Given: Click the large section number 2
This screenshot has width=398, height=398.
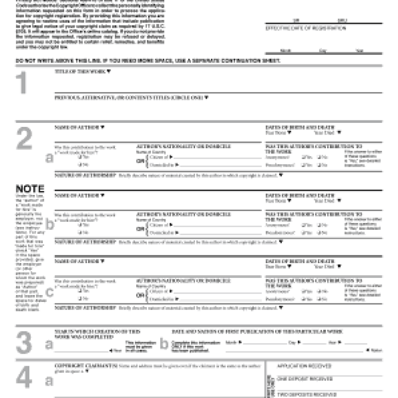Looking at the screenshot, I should click(24, 140).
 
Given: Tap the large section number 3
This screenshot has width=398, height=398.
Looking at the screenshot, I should click(24, 343).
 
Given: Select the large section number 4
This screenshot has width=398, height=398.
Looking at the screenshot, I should click(24, 379).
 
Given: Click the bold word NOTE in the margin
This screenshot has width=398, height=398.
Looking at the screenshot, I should click(30, 189).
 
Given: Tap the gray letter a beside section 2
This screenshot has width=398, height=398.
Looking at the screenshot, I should click(49, 158).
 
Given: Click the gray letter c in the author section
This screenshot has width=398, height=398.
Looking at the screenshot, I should click(49, 293).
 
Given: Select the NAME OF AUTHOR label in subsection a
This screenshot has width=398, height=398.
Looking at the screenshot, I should click(78, 127).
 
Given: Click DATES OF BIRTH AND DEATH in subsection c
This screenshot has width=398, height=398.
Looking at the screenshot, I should click(299, 261).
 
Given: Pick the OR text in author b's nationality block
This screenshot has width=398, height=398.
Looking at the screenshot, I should click(141, 229).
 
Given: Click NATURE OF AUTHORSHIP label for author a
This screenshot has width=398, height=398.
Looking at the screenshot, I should click(85, 175).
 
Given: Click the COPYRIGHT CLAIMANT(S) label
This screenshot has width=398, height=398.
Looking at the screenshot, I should click(85, 365).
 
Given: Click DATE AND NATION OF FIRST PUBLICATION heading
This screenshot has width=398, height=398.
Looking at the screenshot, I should click(257, 331).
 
